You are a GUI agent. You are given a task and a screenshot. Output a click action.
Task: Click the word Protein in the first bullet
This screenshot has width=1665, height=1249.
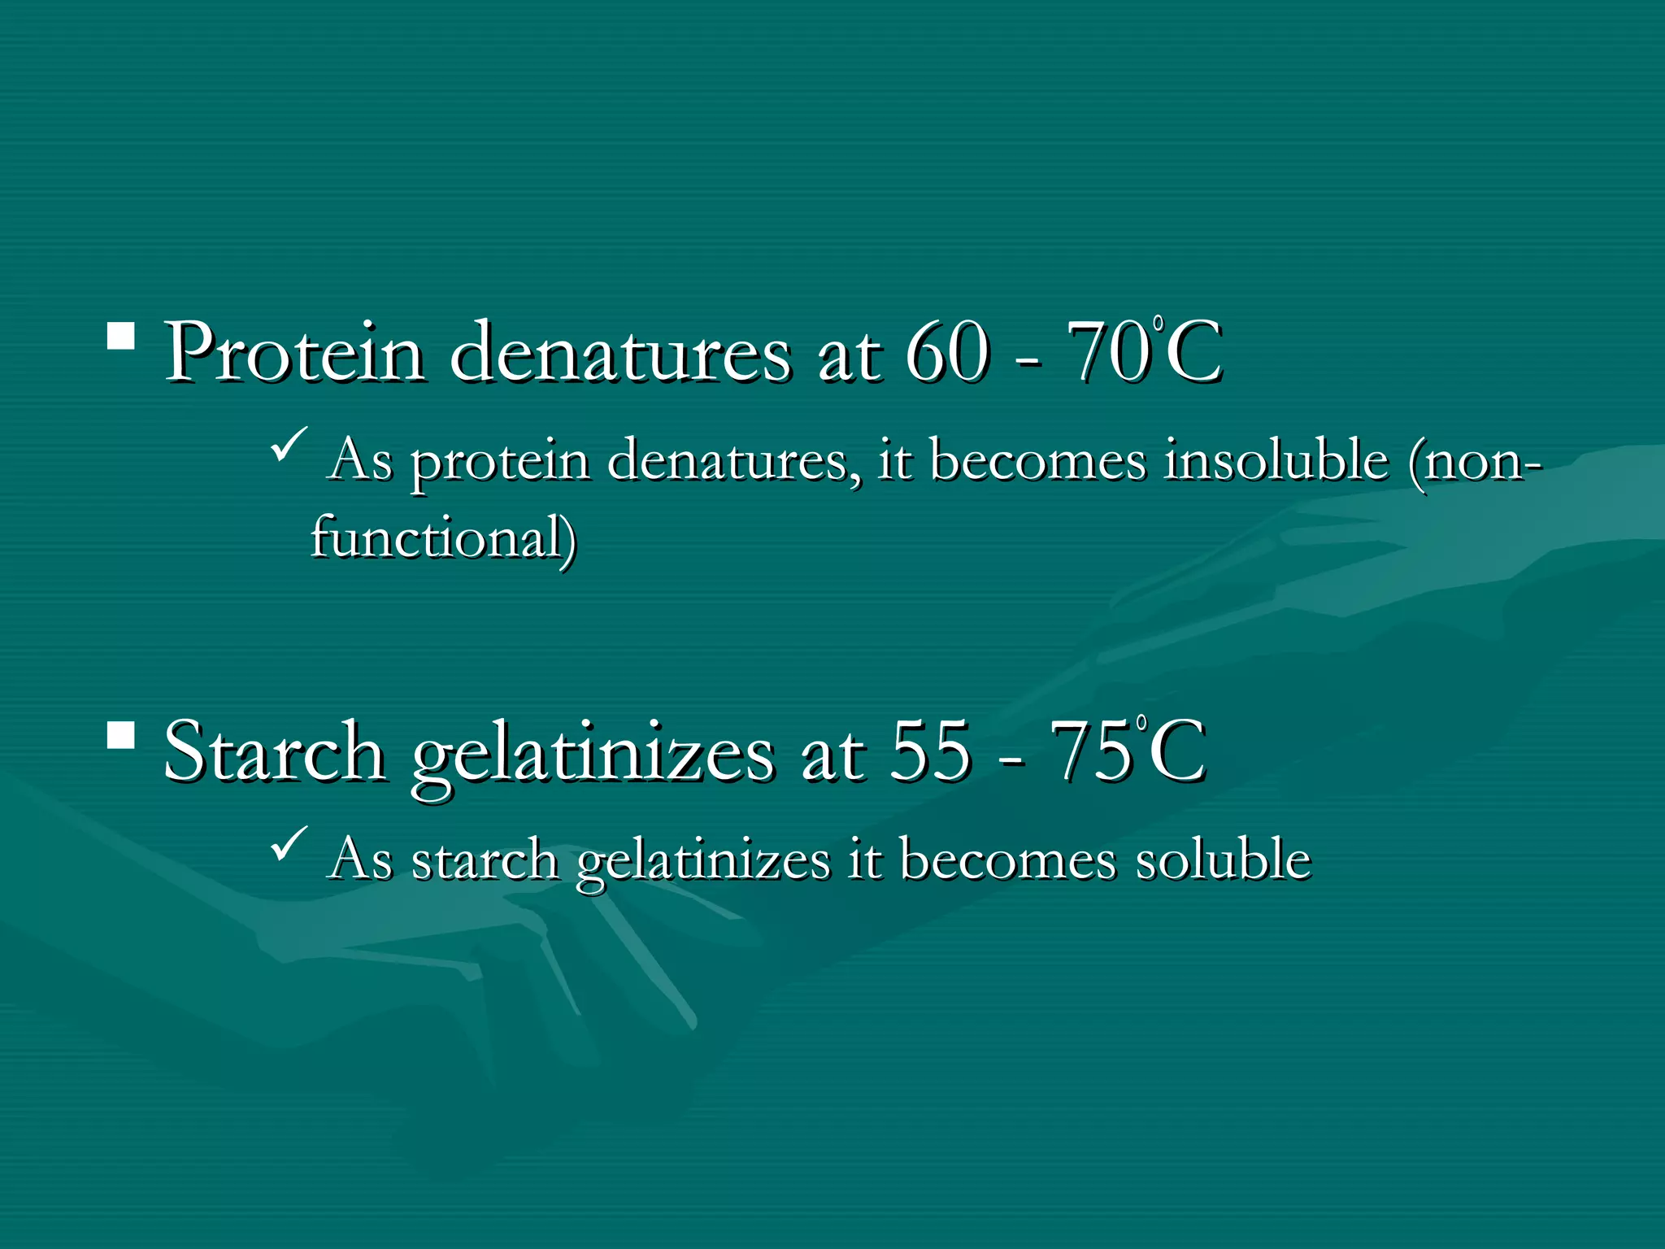coord(294,353)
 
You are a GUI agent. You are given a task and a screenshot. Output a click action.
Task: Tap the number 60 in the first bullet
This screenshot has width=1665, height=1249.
coord(948,353)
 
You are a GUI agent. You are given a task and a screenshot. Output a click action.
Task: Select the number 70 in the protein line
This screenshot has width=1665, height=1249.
coord(1110,353)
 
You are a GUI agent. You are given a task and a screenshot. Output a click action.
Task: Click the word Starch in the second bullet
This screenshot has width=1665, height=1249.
coord(275,751)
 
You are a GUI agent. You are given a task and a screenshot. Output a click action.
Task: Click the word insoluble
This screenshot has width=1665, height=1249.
coord(1276,461)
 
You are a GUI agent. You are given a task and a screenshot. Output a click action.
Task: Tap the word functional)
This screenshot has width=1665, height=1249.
coord(444,538)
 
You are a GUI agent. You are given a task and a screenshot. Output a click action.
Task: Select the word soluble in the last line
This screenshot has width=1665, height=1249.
coord(1224,860)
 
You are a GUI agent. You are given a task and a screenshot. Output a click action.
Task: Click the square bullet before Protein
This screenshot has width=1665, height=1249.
coord(121,336)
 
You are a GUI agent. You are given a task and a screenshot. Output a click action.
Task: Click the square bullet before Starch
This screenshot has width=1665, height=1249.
coord(121,734)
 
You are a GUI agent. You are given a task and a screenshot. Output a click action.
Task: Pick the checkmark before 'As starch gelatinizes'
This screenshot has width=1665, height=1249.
coord(289,843)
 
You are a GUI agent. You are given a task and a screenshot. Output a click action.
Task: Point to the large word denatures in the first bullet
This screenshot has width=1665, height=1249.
coord(619,353)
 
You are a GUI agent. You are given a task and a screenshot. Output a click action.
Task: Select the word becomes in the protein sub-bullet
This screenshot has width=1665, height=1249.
coord(1037,461)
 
